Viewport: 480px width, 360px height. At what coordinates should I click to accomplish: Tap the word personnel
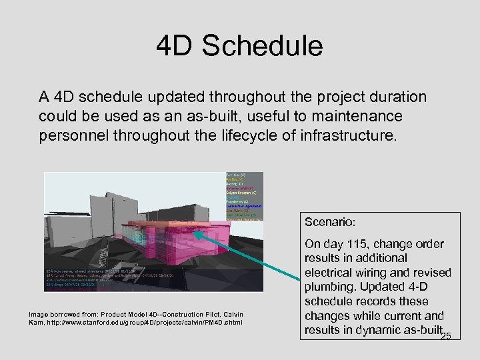(72, 137)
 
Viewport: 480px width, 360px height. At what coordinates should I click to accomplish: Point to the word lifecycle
(249, 137)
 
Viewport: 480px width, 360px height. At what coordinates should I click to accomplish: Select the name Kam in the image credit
(38, 323)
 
